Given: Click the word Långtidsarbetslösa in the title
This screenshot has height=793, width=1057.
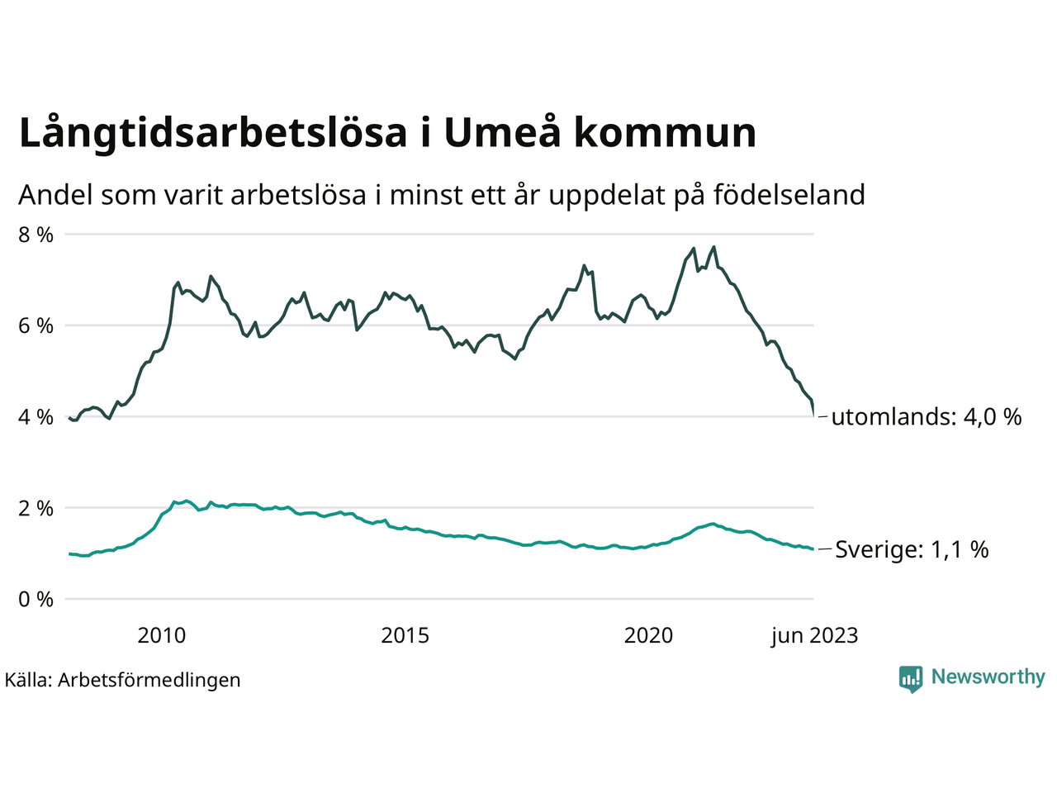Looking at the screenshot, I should (x=213, y=134).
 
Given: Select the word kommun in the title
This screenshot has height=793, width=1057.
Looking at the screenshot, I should (x=665, y=134).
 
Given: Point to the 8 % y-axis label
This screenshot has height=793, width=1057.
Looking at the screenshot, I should (x=36, y=235).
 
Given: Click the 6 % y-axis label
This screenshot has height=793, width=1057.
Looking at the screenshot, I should (x=36, y=325).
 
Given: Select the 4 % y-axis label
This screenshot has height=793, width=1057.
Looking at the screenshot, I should (x=36, y=417).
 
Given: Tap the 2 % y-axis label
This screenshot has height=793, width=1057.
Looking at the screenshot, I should (x=36, y=508).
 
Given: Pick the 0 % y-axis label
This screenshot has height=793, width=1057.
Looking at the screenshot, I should (x=36, y=599).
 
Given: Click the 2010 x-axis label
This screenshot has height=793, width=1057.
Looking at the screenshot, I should (x=162, y=635).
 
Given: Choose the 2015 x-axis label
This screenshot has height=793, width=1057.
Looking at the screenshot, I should (x=405, y=635).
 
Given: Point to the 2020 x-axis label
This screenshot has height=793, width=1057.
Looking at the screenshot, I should (x=649, y=635).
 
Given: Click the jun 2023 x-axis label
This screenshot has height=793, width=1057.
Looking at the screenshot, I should (x=814, y=635).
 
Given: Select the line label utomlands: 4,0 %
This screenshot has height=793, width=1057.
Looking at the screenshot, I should (x=927, y=416).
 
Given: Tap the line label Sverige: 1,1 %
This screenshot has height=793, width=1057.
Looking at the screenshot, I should (x=912, y=549).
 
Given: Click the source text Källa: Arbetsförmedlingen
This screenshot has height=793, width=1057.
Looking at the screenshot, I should (x=122, y=680).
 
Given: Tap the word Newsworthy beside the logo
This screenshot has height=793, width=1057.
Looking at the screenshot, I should (x=988, y=677).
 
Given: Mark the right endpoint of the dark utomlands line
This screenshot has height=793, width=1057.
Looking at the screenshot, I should (x=814, y=415).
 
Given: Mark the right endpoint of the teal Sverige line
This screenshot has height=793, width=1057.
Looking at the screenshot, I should (x=813, y=549).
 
